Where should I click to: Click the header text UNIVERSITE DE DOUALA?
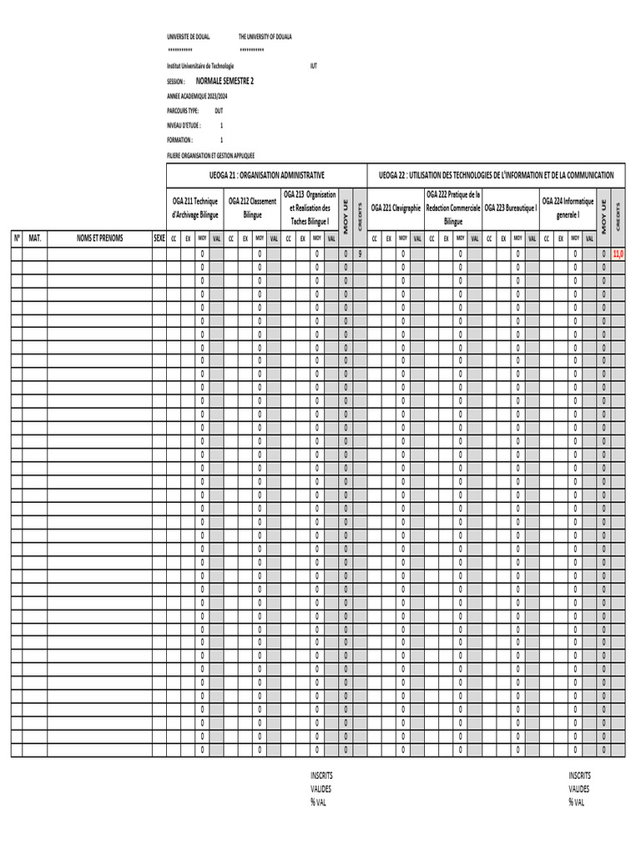pos(189,38)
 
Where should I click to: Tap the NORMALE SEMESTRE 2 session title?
pos(225,82)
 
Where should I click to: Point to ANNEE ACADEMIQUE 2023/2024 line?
pos(197,96)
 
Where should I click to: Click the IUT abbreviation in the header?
pos(313,65)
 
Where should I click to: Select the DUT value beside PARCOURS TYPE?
pos(219,110)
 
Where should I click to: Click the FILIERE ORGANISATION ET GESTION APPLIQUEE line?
pos(211,155)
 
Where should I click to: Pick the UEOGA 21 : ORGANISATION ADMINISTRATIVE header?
pos(266,175)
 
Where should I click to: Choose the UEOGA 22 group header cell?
pos(496,175)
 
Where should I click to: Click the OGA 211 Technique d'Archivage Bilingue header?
pos(195,208)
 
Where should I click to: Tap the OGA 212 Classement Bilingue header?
pos(252,208)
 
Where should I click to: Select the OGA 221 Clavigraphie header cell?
pos(396,208)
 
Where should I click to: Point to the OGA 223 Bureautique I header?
pos(510,208)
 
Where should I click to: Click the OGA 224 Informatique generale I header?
pos(568,208)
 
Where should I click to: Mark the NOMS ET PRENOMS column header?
pos(99,239)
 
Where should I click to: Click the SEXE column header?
pos(159,239)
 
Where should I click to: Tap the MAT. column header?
pos(34,239)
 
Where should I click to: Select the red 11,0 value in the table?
pos(618,254)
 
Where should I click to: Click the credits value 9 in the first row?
pos(360,254)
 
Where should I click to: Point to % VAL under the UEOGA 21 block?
pos(318,802)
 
